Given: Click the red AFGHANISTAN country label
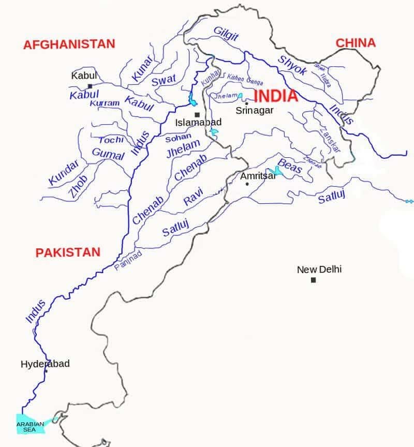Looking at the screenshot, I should click(69, 44).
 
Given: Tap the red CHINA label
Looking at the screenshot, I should click(356, 43).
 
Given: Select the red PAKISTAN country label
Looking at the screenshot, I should click(67, 252).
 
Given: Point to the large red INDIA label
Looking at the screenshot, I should click(276, 96).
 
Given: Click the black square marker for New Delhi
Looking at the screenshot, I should click(313, 280).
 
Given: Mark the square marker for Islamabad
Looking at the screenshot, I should click(197, 115).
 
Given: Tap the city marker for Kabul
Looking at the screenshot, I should click(90, 86).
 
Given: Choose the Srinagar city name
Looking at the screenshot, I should click(254, 110).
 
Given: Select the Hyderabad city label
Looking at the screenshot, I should click(45, 364).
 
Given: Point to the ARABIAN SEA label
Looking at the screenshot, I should click(30, 426).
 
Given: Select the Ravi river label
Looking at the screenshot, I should click(193, 198).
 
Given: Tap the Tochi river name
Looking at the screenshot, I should click(111, 140).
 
